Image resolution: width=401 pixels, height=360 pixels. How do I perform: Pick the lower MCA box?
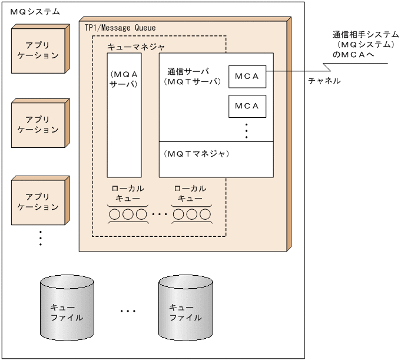coord(247,106)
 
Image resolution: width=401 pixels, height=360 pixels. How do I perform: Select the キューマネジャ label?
coord(136,45)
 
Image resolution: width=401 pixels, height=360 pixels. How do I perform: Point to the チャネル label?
coord(324,81)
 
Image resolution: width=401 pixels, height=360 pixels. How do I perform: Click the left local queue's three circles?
coord(127,214)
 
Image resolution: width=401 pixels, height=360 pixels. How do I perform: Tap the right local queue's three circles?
coord(191,214)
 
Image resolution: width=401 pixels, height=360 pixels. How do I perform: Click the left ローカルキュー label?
coord(127,193)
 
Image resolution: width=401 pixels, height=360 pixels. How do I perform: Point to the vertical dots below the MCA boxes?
coord(247,131)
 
